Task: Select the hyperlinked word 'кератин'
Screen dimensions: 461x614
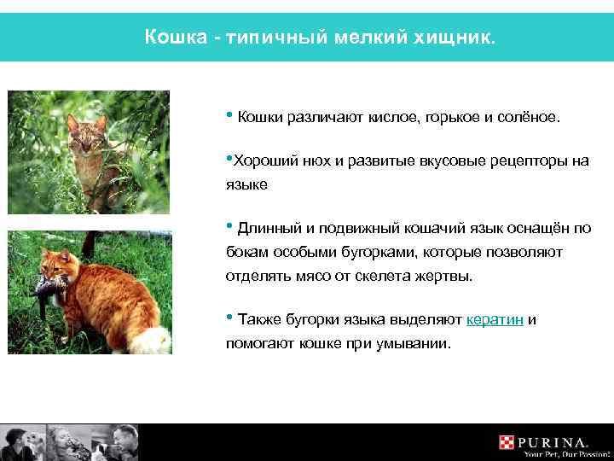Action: click(495, 320)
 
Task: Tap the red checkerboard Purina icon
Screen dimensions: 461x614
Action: click(509, 442)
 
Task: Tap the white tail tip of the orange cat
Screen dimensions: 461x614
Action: click(153, 341)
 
